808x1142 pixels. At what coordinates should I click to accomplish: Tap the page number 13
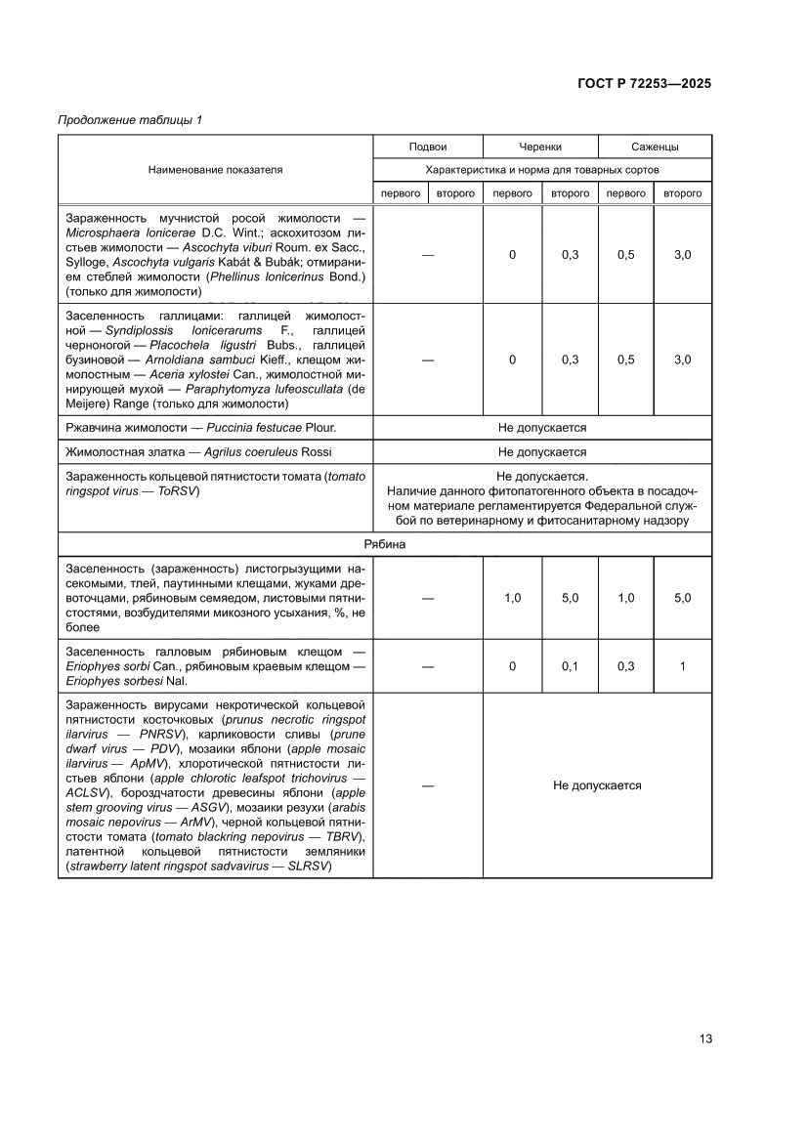coord(704,1038)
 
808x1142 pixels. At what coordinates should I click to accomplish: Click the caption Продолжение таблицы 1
coord(130,120)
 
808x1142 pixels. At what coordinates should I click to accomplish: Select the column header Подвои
coord(428,147)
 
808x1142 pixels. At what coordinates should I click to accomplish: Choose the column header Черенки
coord(540,147)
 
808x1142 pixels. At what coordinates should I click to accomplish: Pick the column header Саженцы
coord(655,147)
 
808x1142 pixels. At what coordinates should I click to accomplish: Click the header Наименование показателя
coord(215,169)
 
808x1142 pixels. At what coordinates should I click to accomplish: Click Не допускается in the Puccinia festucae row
coord(542,428)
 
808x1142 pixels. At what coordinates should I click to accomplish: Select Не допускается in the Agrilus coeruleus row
coord(542,452)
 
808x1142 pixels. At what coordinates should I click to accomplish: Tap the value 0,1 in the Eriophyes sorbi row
coord(570,666)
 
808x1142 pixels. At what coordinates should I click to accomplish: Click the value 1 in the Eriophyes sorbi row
coord(682,666)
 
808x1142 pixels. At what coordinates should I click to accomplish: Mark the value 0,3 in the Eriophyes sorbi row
coord(625,666)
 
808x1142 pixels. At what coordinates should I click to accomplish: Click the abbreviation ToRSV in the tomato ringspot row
coord(180,491)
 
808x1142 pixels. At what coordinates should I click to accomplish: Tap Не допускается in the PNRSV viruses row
coord(597,785)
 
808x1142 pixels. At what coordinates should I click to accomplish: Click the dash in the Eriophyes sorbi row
coord(428,666)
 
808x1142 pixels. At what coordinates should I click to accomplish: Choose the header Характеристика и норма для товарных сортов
coord(542,169)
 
